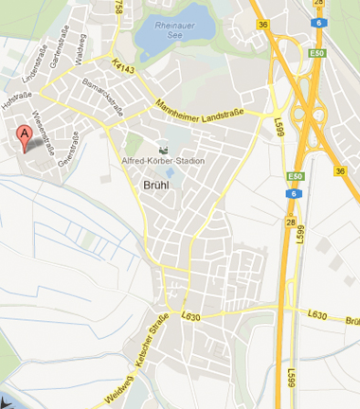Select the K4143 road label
123,66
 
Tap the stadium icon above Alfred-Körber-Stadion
161,149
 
